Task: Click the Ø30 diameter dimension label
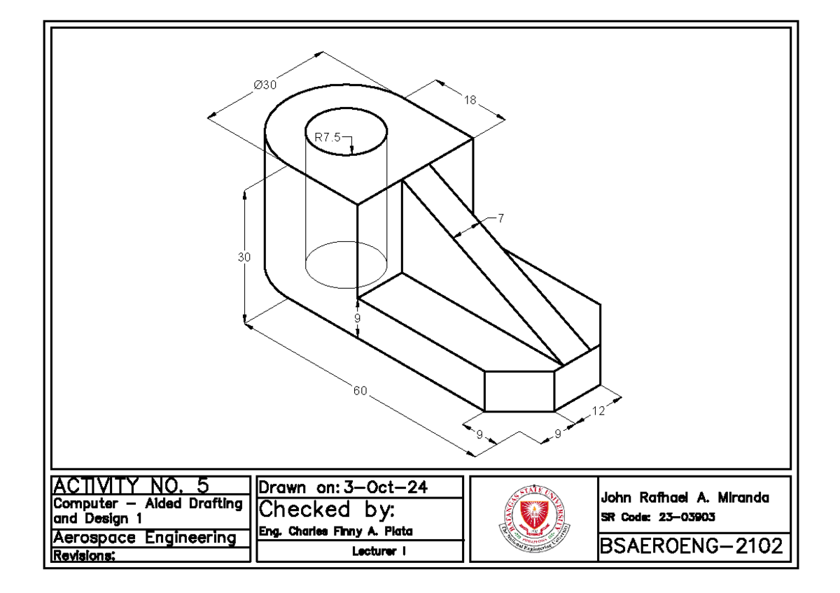265,85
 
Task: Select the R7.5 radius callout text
327,138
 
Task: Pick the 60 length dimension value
360,390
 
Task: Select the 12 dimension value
598,412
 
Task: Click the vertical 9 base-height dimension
358,318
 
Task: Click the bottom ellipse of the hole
346,264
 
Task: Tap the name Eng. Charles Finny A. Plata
335,531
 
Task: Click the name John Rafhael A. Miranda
685,499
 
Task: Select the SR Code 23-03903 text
657,517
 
